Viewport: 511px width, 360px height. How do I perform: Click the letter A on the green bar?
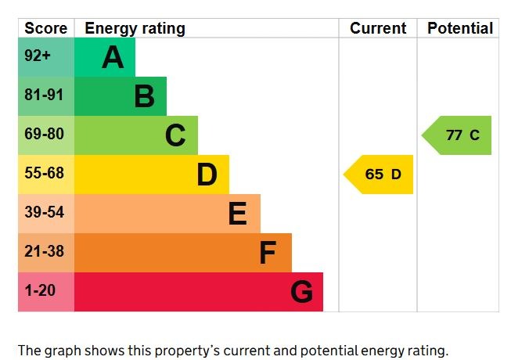tap(113, 57)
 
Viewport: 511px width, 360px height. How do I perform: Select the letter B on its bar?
tap(144, 96)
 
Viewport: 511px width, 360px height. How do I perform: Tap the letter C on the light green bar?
tap(175, 135)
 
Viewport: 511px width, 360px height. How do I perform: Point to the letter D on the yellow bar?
tap(207, 175)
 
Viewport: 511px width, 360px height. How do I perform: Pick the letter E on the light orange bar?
tap(238, 214)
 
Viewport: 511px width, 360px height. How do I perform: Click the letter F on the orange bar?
tap(268, 253)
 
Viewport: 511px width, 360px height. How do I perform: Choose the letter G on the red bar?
tap(301, 292)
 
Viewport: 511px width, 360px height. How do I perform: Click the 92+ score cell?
tap(37, 57)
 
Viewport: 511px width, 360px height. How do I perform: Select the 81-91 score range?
tap(44, 96)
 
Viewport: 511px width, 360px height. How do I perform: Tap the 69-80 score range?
tap(44, 135)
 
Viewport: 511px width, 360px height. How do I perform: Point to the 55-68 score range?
tap(44, 174)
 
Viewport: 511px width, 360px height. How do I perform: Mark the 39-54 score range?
tap(44, 213)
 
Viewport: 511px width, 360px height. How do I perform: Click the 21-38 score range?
tap(44, 252)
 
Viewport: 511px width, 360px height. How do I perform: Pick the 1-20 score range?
tap(40, 291)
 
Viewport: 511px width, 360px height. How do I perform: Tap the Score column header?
tap(45, 29)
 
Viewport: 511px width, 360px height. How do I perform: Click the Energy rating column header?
tap(135, 29)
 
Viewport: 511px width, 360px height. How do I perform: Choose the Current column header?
tap(378, 29)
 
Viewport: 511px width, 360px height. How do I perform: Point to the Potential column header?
tap(460, 29)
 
